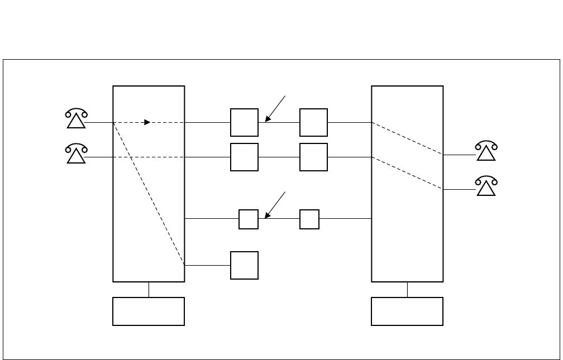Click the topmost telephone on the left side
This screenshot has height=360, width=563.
[x=76, y=119]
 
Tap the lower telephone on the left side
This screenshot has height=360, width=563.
[x=76, y=154]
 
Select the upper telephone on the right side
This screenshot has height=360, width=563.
[x=486, y=151]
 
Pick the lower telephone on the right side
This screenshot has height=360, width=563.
[x=486, y=187]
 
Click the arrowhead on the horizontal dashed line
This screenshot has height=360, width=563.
[x=147, y=122]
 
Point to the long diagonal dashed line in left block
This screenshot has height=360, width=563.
[x=149, y=193]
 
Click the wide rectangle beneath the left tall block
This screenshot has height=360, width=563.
[x=149, y=311]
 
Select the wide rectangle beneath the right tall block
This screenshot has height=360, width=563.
[x=407, y=311]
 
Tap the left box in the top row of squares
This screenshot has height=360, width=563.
[x=244, y=122]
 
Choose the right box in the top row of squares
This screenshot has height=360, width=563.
[x=313, y=122]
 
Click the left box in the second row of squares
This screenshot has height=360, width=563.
[x=244, y=157]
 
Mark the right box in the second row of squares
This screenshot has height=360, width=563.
[x=313, y=157]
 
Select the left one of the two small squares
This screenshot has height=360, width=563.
[x=249, y=219]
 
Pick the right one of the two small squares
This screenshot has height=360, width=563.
[x=309, y=219]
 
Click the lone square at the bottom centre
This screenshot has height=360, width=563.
[x=244, y=265]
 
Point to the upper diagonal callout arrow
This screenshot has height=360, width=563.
[x=276, y=109]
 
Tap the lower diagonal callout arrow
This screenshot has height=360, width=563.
[x=276, y=205]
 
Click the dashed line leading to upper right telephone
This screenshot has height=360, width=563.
[x=408, y=138]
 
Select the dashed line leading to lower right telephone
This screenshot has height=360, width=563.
[x=408, y=174]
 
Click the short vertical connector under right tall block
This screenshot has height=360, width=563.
[x=407, y=290]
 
